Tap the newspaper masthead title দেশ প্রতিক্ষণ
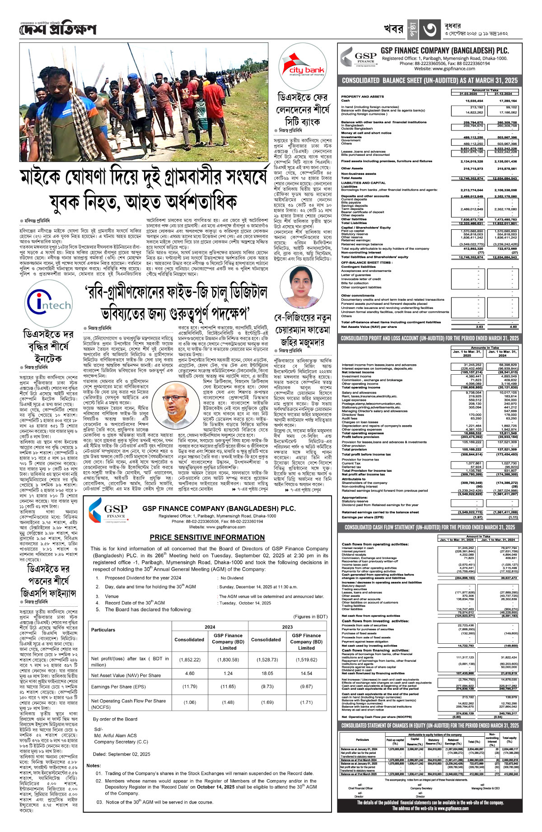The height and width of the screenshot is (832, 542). (58, 30)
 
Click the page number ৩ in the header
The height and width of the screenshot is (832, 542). (428, 30)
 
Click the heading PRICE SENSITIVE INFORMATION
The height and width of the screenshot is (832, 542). (207, 537)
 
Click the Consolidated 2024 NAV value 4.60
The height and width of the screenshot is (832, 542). (190, 673)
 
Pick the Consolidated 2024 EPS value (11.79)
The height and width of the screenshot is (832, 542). (190, 687)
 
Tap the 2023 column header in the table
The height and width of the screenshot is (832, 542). (287, 627)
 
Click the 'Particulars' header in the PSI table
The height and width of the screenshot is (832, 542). (103, 629)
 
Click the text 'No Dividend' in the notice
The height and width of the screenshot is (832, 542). (232, 577)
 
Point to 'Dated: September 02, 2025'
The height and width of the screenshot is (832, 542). (121, 754)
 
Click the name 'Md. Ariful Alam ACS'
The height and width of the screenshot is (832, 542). (115, 735)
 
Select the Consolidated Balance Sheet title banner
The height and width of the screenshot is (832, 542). (430, 80)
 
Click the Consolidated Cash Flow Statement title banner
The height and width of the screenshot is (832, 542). (430, 527)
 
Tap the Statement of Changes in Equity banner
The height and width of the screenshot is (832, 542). (430, 725)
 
